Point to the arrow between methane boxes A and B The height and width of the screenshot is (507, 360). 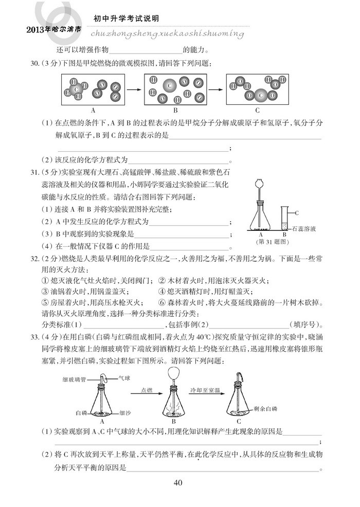tap(134, 88)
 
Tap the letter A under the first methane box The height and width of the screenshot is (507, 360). tap(93, 110)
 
